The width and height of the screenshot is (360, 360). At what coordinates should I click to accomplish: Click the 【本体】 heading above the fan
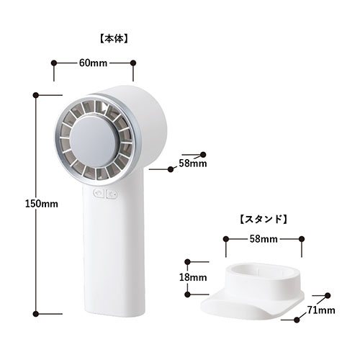(x=114, y=39)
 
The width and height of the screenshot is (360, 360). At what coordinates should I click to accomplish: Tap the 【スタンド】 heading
(x=264, y=219)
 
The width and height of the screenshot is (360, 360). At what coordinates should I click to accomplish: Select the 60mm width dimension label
(x=93, y=63)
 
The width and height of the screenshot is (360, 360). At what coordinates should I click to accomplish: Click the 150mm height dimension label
(x=42, y=204)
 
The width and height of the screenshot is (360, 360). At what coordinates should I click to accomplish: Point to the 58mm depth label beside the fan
(x=193, y=163)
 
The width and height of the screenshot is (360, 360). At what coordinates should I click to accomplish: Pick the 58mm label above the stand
(x=264, y=239)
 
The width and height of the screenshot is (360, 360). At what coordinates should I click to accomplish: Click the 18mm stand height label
(x=193, y=277)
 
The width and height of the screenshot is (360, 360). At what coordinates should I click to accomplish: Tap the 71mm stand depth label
(x=321, y=310)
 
